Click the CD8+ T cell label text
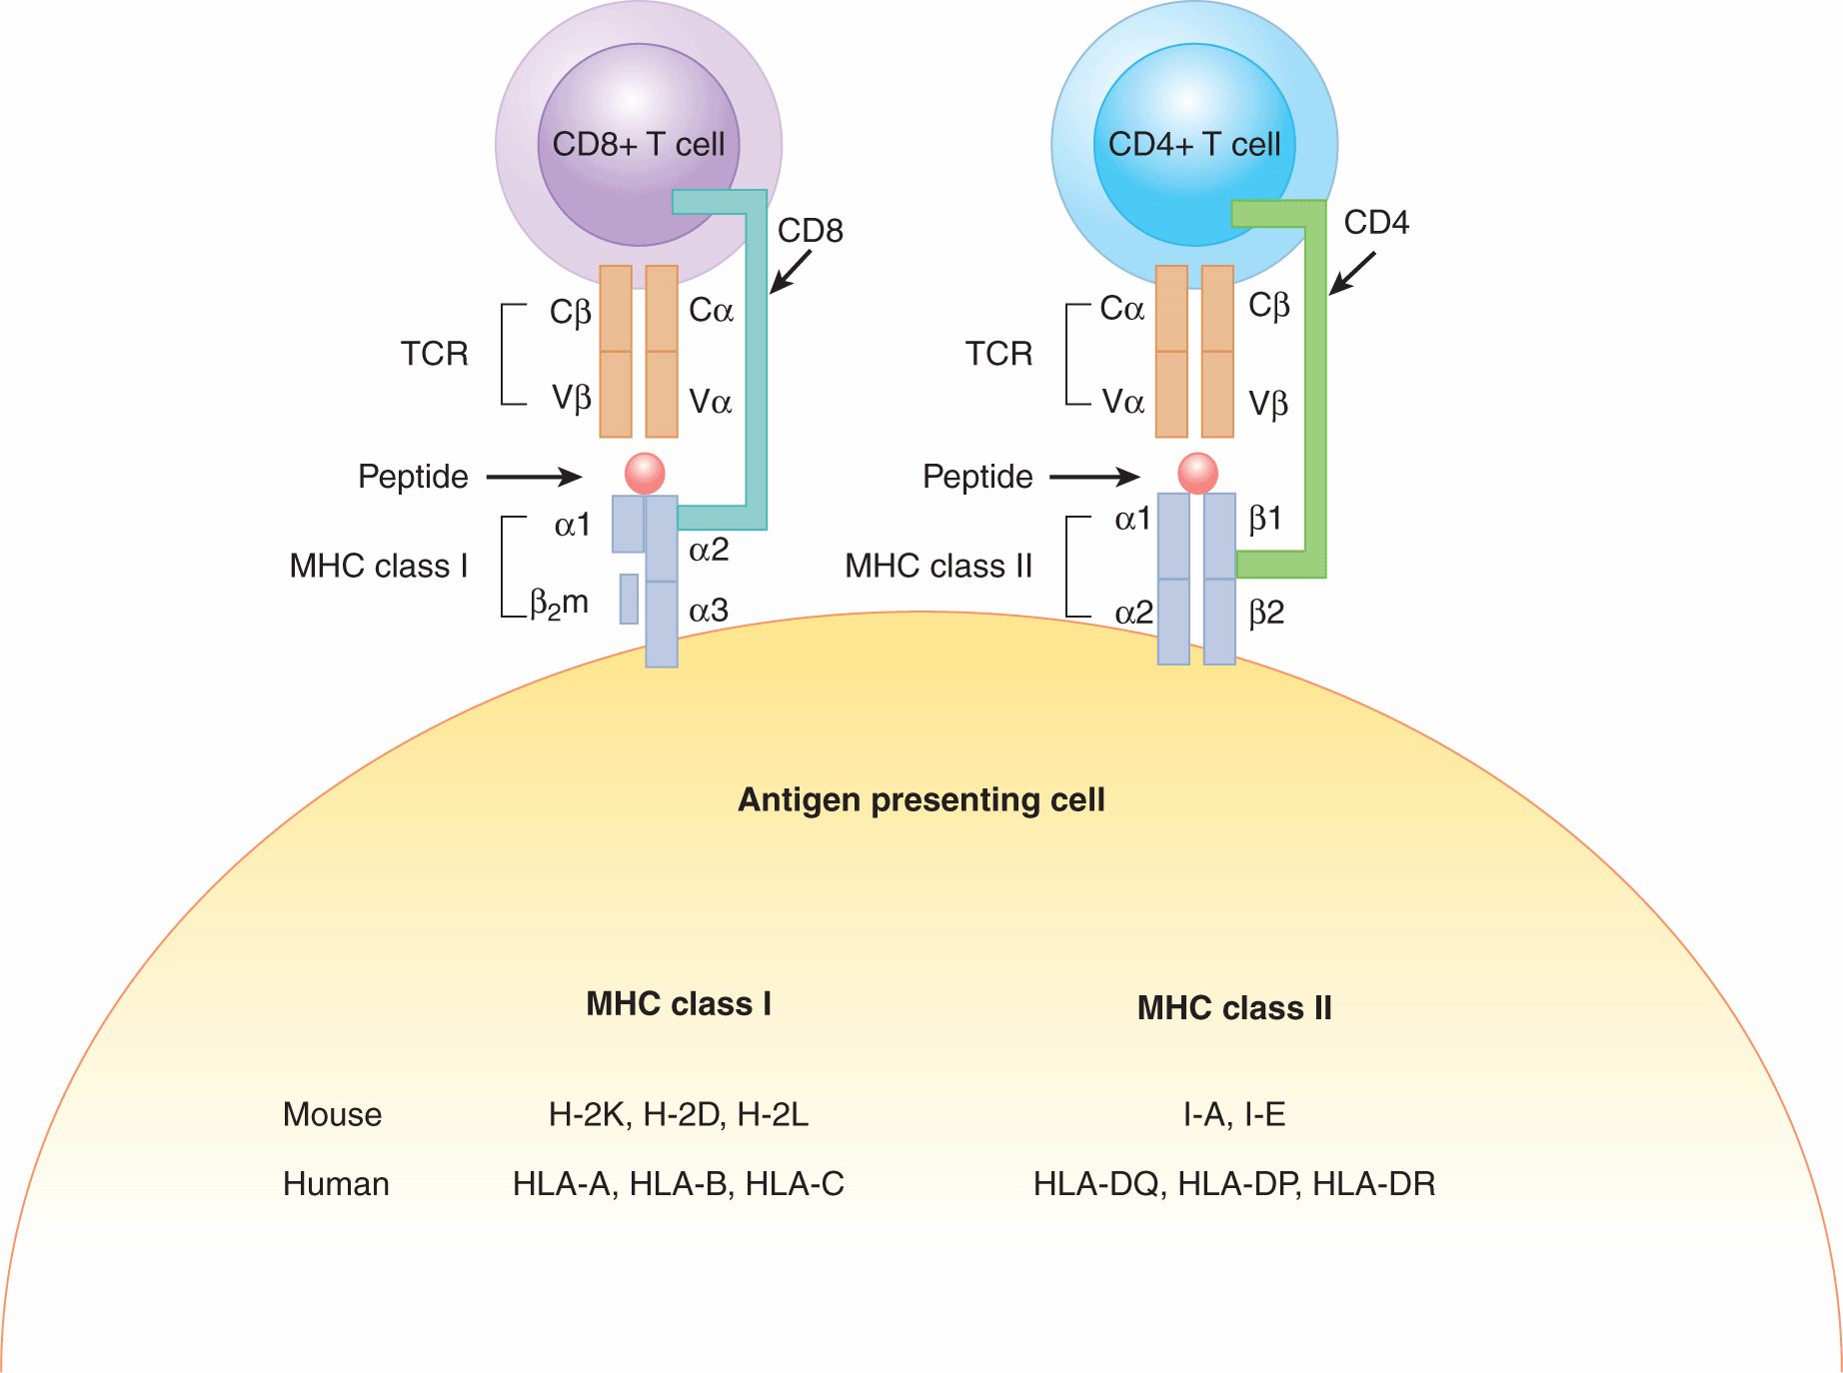click(x=638, y=144)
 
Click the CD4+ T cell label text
click(x=1193, y=144)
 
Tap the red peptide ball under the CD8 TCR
click(x=645, y=473)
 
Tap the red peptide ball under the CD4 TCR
click(x=1197, y=473)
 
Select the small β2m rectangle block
click(x=629, y=599)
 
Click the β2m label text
click(x=559, y=604)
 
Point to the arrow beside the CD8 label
click(x=791, y=271)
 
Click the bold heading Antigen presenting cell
click(x=921, y=799)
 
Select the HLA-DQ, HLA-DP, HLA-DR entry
click(x=1233, y=1184)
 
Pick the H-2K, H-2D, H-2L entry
click(x=678, y=1114)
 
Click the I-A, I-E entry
click(x=1233, y=1114)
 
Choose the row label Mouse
click(x=332, y=1114)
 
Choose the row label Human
click(x=336, y=1184)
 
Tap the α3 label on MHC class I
click(x=709, y=610)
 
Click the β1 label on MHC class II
click(x=1265, y=519)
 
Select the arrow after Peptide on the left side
click(x=534, y=478)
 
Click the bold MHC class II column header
click(x=1233, y=1007)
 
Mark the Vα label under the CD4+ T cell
click(x=1122, y=402)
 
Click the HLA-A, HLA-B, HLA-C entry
click(x=678, y=1184)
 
